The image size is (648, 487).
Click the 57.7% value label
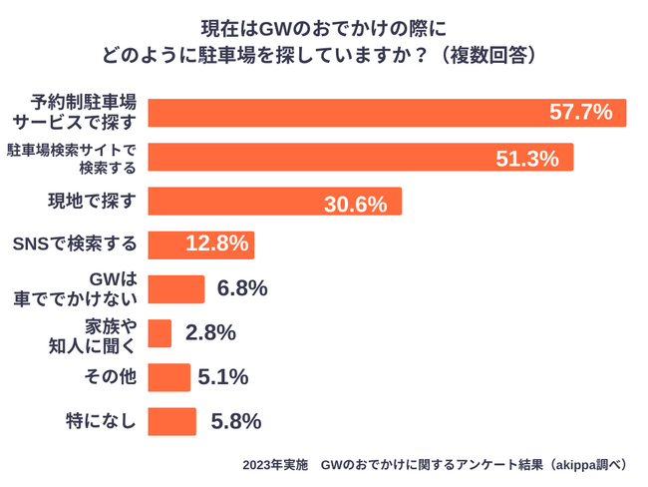pos(580,113)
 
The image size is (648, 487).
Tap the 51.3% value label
pos(527,158)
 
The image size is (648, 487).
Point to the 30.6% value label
pos(355,205)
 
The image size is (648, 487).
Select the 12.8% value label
pos(216,244)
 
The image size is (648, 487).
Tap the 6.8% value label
pos(241,289)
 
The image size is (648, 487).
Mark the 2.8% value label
pos(209,333)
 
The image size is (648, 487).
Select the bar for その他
pos(168,377)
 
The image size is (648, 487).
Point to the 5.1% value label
pos(224,377)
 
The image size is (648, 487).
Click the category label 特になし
pos(100,421)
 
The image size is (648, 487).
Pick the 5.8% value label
pos(236,421)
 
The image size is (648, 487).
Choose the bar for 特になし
pos(171,421)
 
